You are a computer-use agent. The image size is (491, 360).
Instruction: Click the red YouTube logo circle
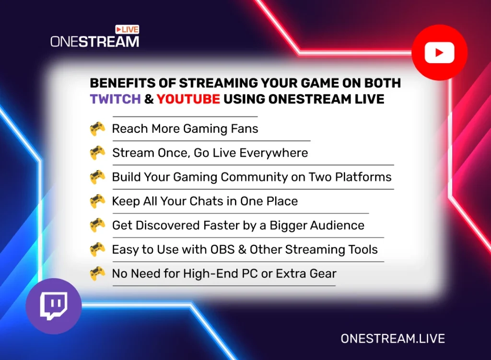coord(439,52)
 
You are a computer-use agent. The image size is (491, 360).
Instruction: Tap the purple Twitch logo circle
coord(54,306)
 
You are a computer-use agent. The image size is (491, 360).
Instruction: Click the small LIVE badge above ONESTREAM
coord(127,30)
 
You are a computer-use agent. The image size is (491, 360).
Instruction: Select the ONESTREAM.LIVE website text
coord(393,338)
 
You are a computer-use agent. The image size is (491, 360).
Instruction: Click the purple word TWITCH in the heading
coord(116,99)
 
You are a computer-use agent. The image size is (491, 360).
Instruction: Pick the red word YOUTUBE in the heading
coord(188,99)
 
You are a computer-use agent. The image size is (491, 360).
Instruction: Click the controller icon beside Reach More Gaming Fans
coord(97,129)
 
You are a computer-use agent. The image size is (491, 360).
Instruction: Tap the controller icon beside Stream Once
coord(97,153)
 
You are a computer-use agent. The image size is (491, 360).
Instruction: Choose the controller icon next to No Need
coord(97,274)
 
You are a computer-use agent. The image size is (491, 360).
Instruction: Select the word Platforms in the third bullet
coord(363,177)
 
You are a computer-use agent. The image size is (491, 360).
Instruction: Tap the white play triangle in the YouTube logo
coord(440,52)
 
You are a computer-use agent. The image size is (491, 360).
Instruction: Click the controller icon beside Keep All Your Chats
coord(97,201)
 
